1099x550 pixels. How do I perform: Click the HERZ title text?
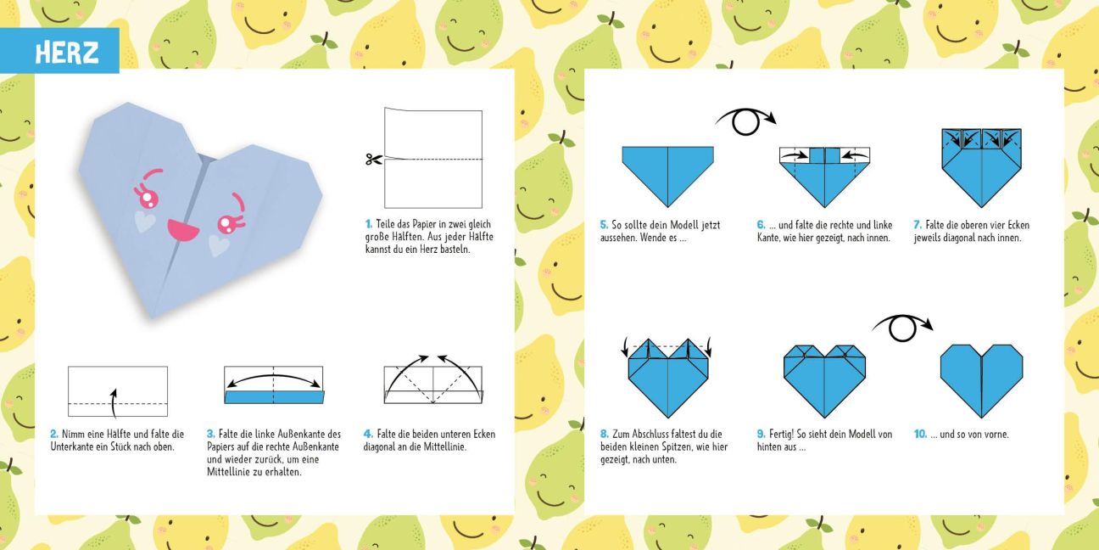click(x=67, y=53)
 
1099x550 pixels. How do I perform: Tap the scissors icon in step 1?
click(x=374, y=159)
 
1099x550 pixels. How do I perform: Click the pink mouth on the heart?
click(x=182, y=230)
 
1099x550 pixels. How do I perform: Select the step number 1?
click(x=369, y=224)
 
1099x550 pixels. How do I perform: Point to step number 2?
click(x=54, y=435)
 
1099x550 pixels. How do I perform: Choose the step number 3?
click(x=211, y=435)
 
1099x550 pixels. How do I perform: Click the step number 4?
click(x=368, y=435)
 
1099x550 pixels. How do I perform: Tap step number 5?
click(x=604, y=226)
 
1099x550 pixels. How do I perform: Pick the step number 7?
click(x=918, y=226)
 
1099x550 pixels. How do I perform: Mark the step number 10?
click(x=920, y=435)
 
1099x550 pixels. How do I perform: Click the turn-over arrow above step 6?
click(x=745, y=121)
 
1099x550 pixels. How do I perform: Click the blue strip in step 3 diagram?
click(x=274, y=397)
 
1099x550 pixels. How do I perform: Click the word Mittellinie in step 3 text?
click(x=230, y=473)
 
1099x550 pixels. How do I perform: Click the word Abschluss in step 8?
click(x=653, y=435)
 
